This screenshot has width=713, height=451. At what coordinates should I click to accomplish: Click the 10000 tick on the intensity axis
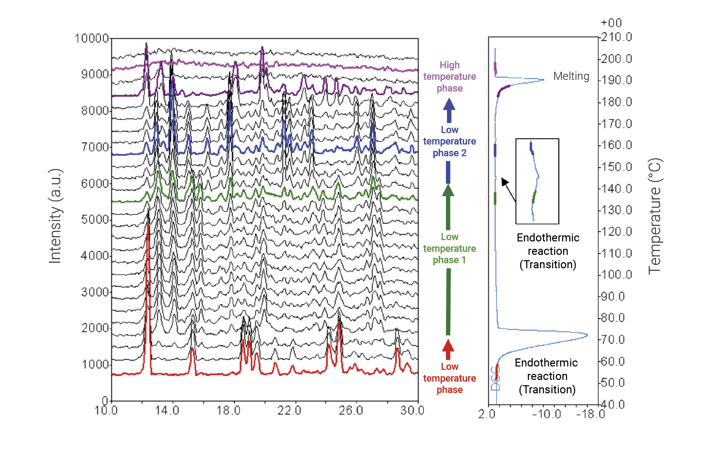pos(92,38)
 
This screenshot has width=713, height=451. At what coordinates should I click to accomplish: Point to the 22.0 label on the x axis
pos(289,410)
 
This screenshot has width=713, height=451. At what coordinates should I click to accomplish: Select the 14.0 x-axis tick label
pos(167,410)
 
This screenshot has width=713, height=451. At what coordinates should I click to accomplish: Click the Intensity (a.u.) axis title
pos(55,216)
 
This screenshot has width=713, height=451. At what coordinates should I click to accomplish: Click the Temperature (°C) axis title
pos(654,216)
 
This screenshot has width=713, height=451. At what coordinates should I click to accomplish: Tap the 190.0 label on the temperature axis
pos(616,80)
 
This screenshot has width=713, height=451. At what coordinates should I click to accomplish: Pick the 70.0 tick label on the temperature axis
pos(613,340)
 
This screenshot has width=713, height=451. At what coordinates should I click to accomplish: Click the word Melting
pos(571,76)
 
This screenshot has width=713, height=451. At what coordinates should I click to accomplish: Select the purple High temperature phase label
pos(449,76)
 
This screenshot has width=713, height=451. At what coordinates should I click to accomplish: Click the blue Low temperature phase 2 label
pos(449,141)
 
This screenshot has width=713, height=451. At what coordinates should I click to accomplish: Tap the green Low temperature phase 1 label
pos(449,248)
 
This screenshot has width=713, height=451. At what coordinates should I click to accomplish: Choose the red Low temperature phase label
pos(449,378)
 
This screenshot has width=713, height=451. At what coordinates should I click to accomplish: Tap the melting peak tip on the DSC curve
pos(544,80)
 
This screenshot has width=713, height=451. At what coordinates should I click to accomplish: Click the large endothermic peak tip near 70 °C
pos(587,335)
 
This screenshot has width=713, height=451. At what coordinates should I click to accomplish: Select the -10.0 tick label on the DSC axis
pos(547,414)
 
